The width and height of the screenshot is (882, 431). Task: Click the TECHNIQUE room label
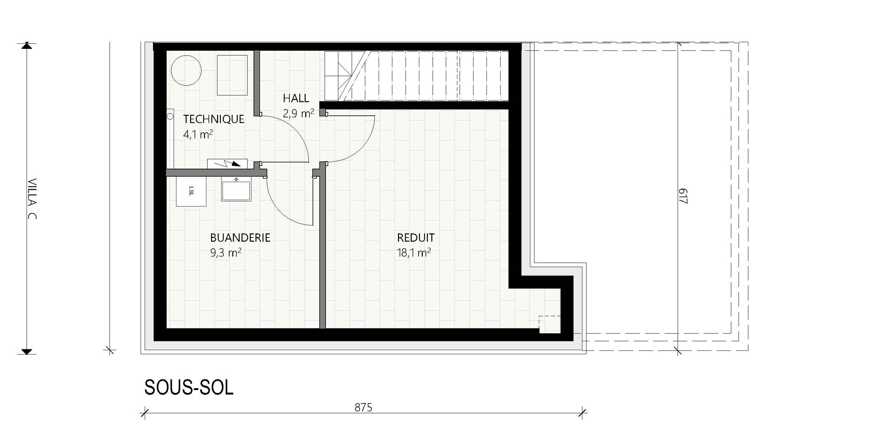coord(214,119)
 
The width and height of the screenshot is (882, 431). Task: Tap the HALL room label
coord(296,98)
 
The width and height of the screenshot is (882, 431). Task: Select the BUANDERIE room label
coord(240,238)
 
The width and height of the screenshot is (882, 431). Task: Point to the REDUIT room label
coord(416,238)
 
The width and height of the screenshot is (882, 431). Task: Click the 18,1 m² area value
coord(414,253)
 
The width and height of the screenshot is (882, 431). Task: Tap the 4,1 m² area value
coord(198,134)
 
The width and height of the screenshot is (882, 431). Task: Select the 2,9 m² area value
coord(298,113)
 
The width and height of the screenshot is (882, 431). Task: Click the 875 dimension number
coord(363,408)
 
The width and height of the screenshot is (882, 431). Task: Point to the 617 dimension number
coord(683,196)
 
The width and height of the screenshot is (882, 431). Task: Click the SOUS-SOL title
coord(189,388)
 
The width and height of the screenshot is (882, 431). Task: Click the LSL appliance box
coord(191,191)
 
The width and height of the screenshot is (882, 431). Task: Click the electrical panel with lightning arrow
coord(227,164)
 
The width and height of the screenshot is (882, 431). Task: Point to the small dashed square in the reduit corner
coord(550,325)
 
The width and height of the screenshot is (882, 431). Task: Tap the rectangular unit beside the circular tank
coord(232,75)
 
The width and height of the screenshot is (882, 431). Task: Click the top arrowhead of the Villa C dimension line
coord(27,46)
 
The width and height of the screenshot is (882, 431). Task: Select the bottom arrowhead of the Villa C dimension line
coord(27,351)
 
